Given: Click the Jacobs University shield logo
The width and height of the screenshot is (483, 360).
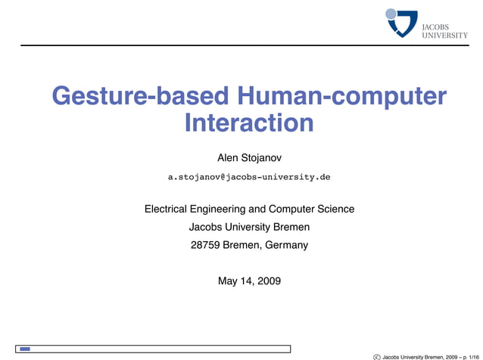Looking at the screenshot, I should (x=403, y=22).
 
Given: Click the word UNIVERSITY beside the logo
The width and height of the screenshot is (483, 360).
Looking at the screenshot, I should (x=444, y=35).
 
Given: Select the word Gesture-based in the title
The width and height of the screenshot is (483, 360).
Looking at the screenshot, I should (x=140, y=97).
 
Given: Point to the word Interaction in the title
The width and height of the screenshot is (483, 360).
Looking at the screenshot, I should (x=249, y=123).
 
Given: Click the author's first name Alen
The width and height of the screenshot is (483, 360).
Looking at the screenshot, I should (x=228, y=157).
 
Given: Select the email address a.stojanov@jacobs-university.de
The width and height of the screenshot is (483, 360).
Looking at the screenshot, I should (x=249, y=177).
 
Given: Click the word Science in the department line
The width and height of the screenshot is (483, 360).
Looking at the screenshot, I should (x=336, y=209).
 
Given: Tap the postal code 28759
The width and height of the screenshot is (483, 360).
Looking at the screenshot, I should (x=206, y=245).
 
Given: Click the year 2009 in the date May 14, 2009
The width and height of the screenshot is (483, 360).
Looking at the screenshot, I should (x=268, y=281).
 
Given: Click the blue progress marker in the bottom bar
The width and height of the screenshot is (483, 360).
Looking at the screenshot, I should (x=25, y=349).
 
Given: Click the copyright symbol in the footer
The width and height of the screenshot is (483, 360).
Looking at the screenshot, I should (x=377, y=355).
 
